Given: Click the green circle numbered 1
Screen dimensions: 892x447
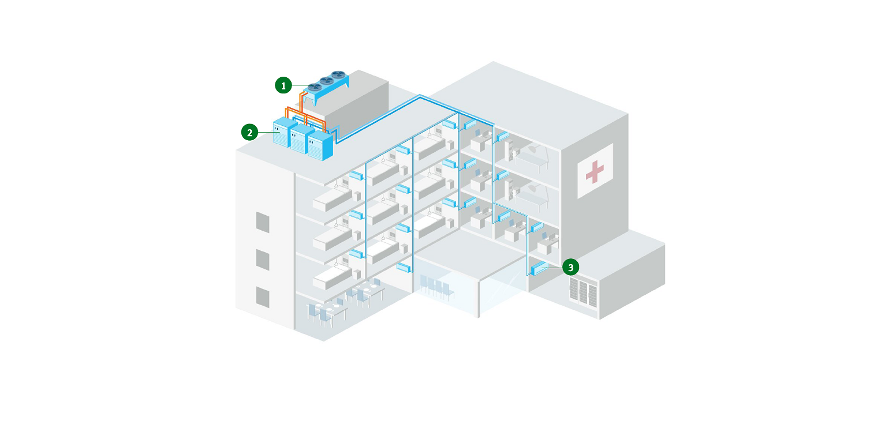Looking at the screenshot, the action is tap(283, 85).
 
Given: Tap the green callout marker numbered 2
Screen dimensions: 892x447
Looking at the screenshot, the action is tap(249, 133).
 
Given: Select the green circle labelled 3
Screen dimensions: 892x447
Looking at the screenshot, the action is tap(570, 267).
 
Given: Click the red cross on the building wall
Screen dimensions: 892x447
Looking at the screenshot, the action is tap(595, 172).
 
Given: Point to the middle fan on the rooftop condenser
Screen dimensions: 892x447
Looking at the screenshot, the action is tap(327, 81).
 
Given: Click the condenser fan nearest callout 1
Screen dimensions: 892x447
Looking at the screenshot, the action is tap(315, 87).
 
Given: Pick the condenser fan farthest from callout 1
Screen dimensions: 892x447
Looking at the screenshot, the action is tap(338, 74).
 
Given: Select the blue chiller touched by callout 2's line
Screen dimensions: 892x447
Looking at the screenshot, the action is tap(284, 133).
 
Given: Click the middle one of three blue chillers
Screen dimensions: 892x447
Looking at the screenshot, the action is tap(302, 139).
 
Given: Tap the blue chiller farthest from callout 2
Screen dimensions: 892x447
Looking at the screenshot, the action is tap(320, 146).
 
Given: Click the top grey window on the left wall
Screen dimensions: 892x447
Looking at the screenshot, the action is tap(263, 222).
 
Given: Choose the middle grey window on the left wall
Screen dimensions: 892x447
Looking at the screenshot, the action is tap(263, 260).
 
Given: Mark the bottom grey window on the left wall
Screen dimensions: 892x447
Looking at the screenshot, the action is tap(263, 297).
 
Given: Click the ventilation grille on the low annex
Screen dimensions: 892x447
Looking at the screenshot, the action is tap(583, 292).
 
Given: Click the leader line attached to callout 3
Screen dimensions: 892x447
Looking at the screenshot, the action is tap(552, 268).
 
